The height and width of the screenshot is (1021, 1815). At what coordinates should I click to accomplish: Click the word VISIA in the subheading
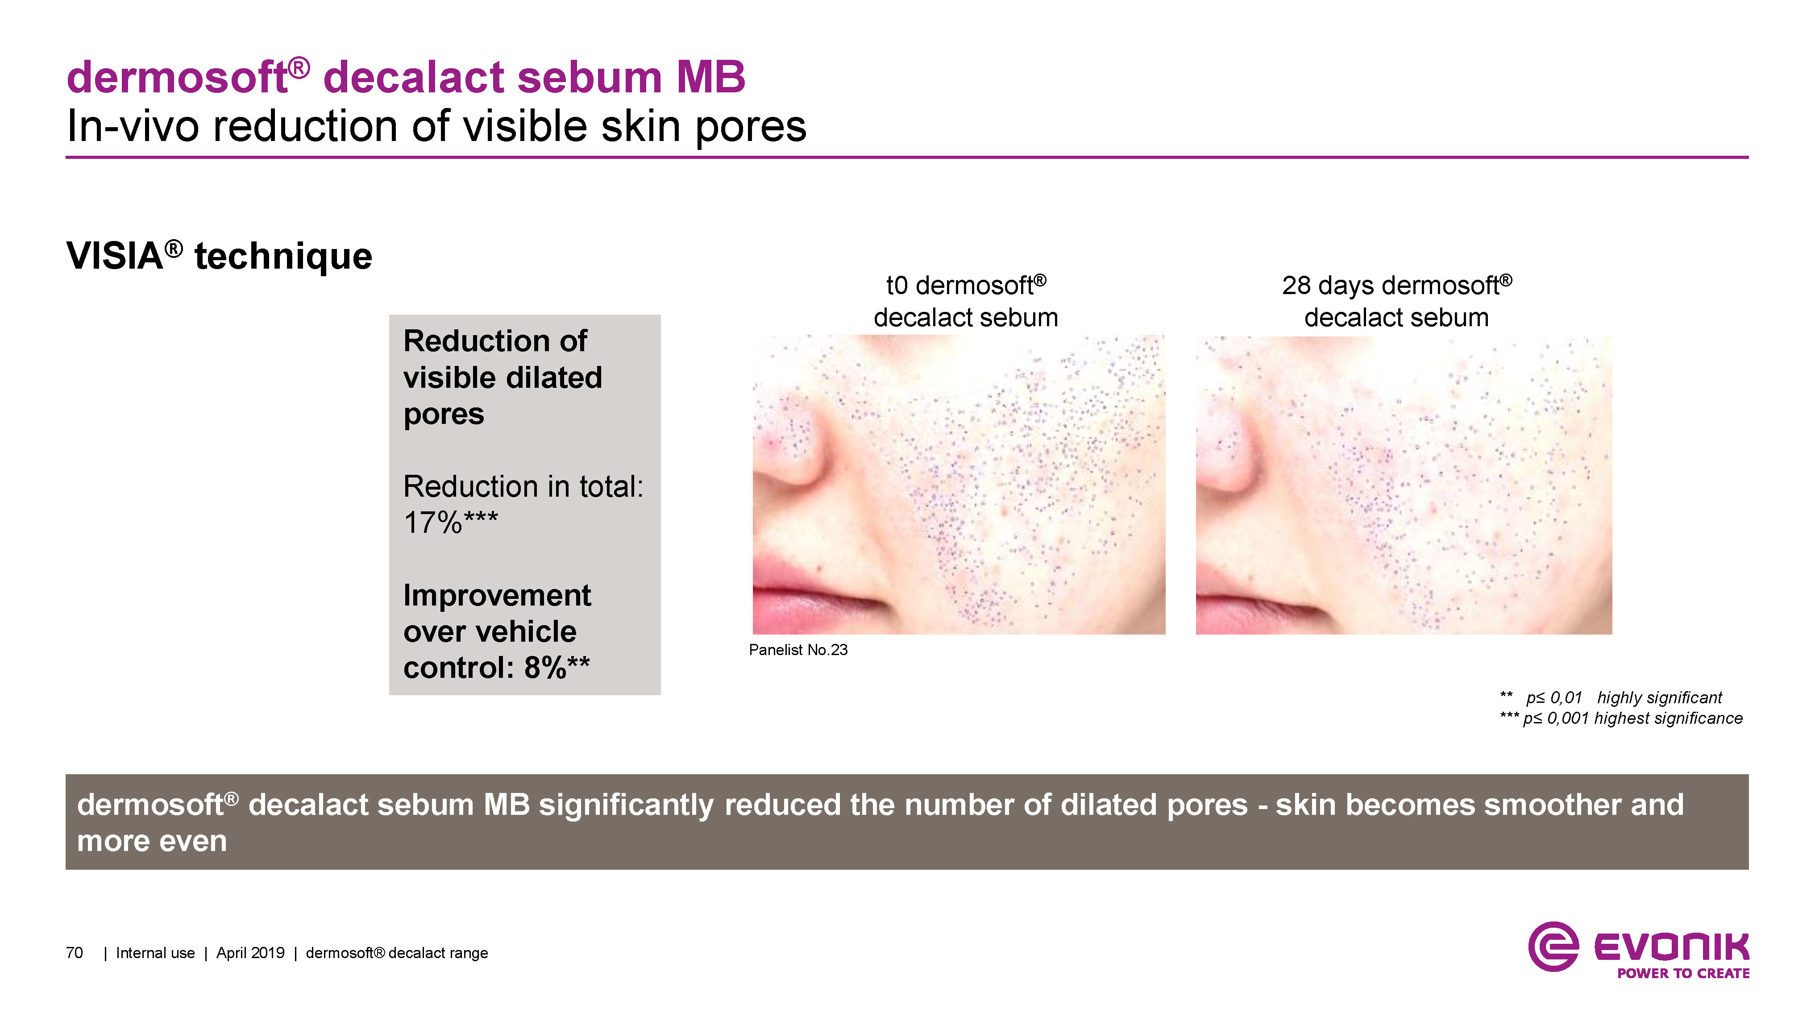(114, 256)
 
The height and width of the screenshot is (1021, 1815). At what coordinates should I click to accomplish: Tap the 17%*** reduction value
(451, 523)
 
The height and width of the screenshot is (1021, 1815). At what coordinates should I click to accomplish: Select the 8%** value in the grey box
(557, 667)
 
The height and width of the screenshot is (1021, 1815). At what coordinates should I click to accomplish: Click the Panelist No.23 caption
(798, 650)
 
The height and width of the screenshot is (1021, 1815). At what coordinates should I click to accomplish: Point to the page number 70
(74, 953)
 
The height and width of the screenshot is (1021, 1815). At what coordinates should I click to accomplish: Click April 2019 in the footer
(250, 953)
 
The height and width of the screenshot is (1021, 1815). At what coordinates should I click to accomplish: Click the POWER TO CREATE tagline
(1683, 973)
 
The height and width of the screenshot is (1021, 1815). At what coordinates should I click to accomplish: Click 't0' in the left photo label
(897, 286)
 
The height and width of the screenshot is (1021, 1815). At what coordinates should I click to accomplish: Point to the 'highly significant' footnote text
(1659, 697)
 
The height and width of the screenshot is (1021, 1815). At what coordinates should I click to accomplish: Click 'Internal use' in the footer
(155, 953)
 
